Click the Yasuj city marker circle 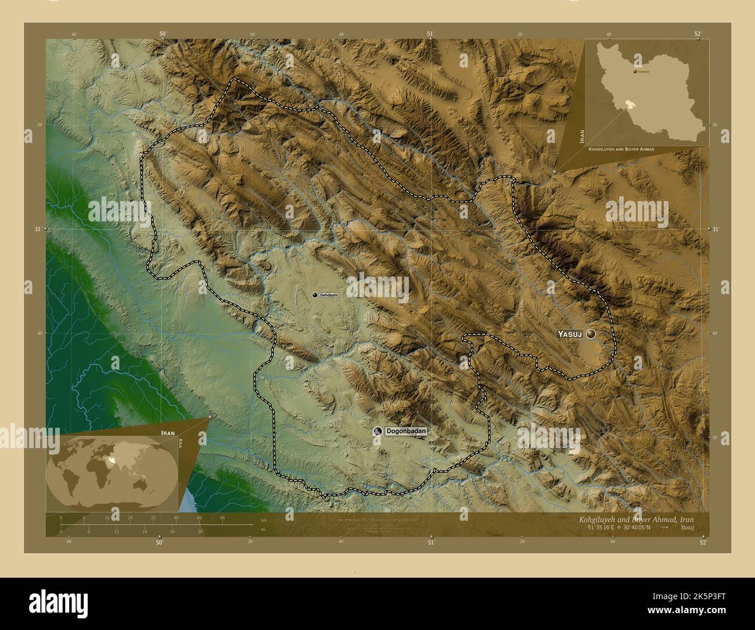click(591, 334)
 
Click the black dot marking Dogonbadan click(378, 431)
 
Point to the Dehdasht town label click(329, 295)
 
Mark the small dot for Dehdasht click(315, 295)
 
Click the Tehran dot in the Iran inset click(634, 71)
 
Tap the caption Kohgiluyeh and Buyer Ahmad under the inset click(621, 149)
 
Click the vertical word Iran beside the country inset click(581, 137)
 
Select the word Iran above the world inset click(168, 434)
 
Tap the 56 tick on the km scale click(222, 517)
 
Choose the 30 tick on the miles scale click(200, 531)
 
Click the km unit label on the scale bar click(264, 520)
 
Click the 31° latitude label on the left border click(37, 229)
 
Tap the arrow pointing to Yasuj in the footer click(664, 528)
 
